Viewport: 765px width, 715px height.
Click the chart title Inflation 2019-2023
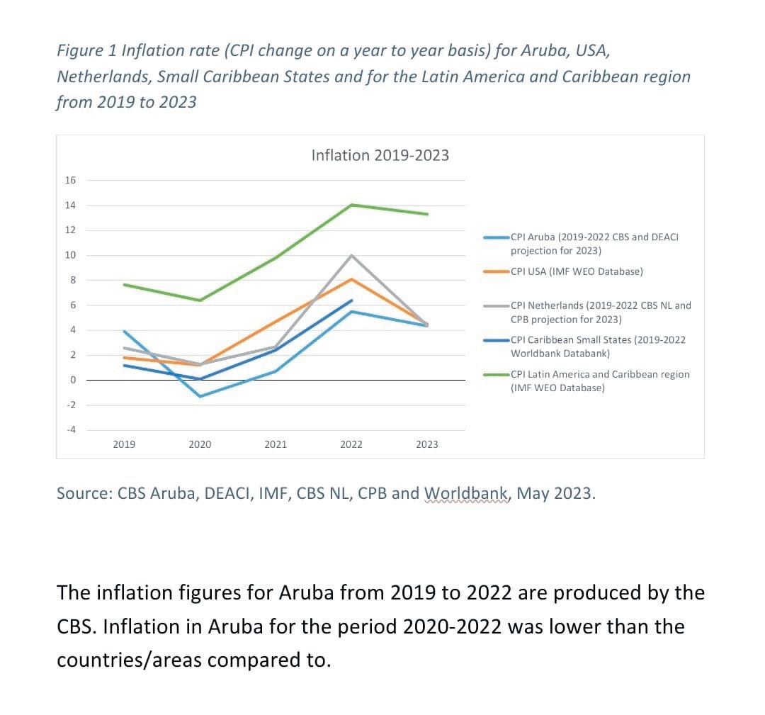pyautogui.click(x=380, y=155)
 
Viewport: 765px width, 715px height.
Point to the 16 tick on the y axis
pyautogui.click(x=70, y=180)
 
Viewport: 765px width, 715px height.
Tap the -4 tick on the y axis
pyautogui.click(x=70, y=429)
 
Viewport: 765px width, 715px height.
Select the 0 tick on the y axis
pyautogui.click(x=72, y=381)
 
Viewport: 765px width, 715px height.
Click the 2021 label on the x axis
pyautogui.click(x=276, y=444)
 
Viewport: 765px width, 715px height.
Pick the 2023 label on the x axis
pyautogui.click(x=426, y=444)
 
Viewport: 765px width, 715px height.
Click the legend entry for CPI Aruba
pyautogui.click(x=594, y=243)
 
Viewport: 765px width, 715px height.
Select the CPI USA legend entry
pyautogui.click(x=576, y=271)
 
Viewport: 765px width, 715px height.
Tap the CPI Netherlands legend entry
pyautogui.click(x=600, y=312)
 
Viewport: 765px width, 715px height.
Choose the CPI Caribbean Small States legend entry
pyautogui.click(x=597, y=346)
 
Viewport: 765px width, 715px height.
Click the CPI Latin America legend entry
pyautogui.click(x=599, y=381)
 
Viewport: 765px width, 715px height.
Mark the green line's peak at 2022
pyautogui.click(x=351, y=205)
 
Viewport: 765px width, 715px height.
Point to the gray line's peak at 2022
pyautogui.click(x=351, y=255)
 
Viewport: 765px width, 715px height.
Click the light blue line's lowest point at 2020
pyautogui.click(x=200, y=396)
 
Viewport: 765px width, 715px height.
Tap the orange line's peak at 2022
pyautogui.click(x=351, y=279)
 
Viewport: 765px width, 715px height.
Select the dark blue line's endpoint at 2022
pyautogui.click(x=351, y=300)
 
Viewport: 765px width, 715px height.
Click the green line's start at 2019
pyautogui.click(x=125, y=285)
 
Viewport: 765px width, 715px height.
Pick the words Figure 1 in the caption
pyautogui.click(x=86, y=52)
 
